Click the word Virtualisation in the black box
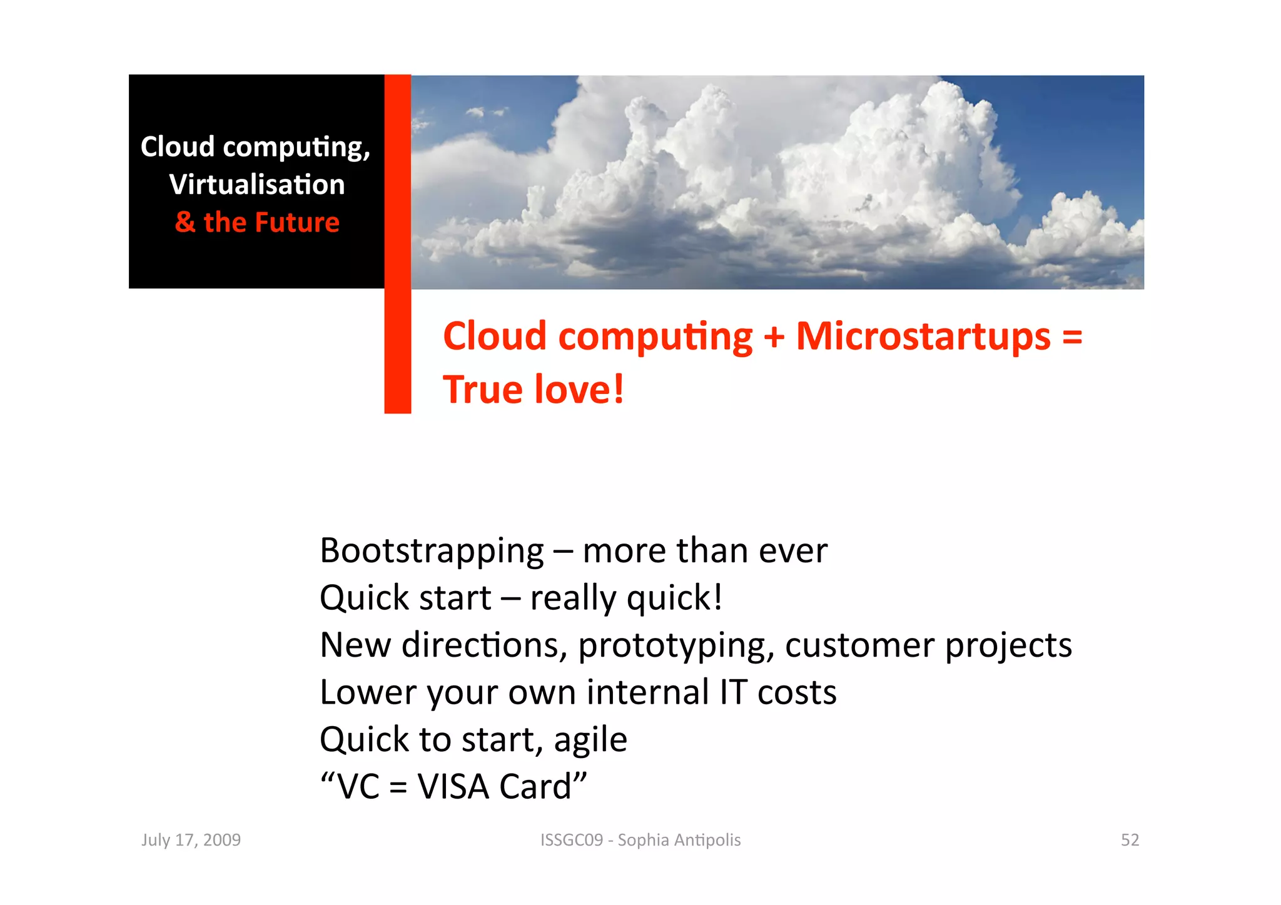257,185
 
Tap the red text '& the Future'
257,223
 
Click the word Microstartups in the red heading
923,336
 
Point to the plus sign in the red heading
774,338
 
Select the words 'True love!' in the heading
533,390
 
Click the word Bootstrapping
432,552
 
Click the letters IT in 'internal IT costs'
733,692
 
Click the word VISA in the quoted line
453,787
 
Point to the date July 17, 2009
191,840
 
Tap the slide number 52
1130,840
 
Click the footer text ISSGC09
572,840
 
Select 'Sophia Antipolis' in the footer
679,840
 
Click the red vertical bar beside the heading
397,350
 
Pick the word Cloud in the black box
178,147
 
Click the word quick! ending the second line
674,599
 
